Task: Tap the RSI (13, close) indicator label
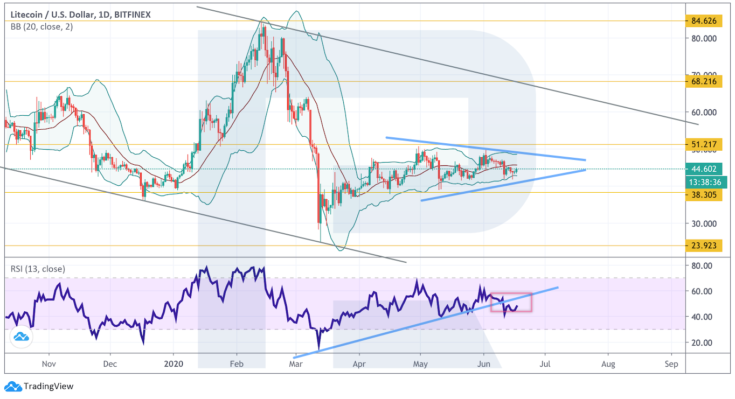[x=38, y=269]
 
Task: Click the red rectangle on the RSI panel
[x=511, y=302]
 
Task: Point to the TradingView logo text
[x=48, y=386]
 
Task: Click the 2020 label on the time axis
[x=174, y=364]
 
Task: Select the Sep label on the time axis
[x=671, y=364]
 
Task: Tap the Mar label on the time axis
[x=296, y=364]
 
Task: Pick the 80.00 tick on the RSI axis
[x=701, y=265]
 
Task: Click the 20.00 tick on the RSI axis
[x=701, y=342]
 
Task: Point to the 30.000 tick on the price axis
[x=703, y=223]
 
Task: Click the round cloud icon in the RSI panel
[x=22, y=337]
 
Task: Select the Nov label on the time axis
[x=48, y=364]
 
